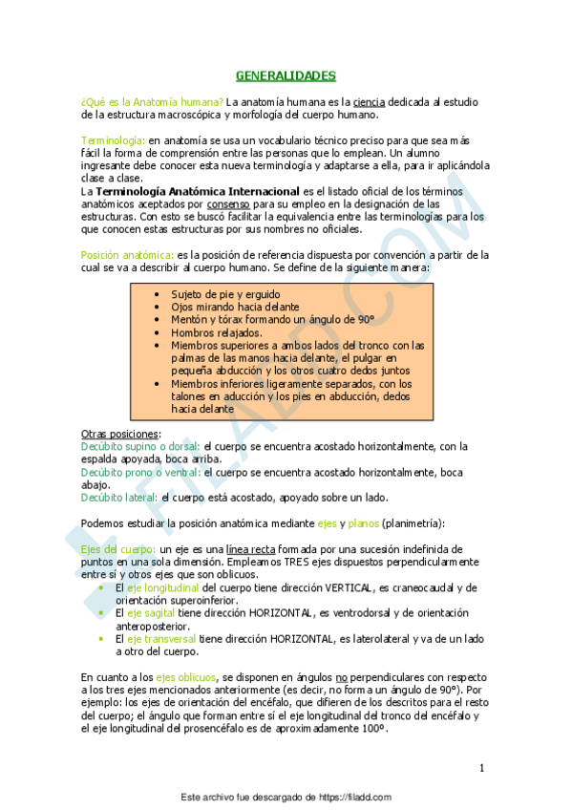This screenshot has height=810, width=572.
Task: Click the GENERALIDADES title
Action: coord(286,75)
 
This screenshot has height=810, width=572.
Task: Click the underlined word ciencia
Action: coord(369,101)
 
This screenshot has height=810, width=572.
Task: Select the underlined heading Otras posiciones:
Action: coord(114,434)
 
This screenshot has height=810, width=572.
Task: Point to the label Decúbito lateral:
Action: coord(120,498)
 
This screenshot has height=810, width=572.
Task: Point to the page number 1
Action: coord(482,767)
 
